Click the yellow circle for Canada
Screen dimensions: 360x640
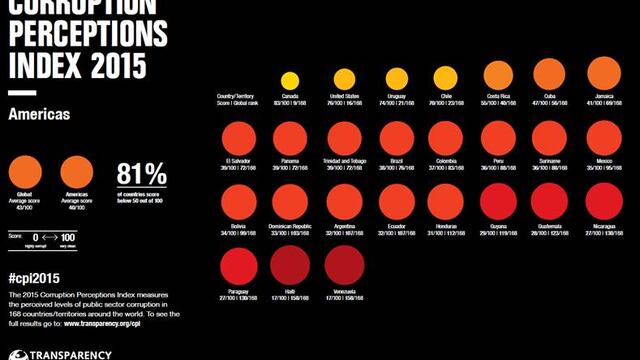click(290, 81)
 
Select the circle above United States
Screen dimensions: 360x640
click(344, 80)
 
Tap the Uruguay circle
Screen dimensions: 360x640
click(397, 79)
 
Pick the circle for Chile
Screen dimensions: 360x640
click(446, 78)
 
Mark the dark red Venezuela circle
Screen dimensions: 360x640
click(344, 265)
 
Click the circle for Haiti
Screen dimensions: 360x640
click(290, 265)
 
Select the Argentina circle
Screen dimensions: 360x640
click(344, 202)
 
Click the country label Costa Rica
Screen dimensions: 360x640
click(499, 97)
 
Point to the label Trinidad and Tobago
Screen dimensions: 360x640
click(344, 160)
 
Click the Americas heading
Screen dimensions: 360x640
click(38, 115)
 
